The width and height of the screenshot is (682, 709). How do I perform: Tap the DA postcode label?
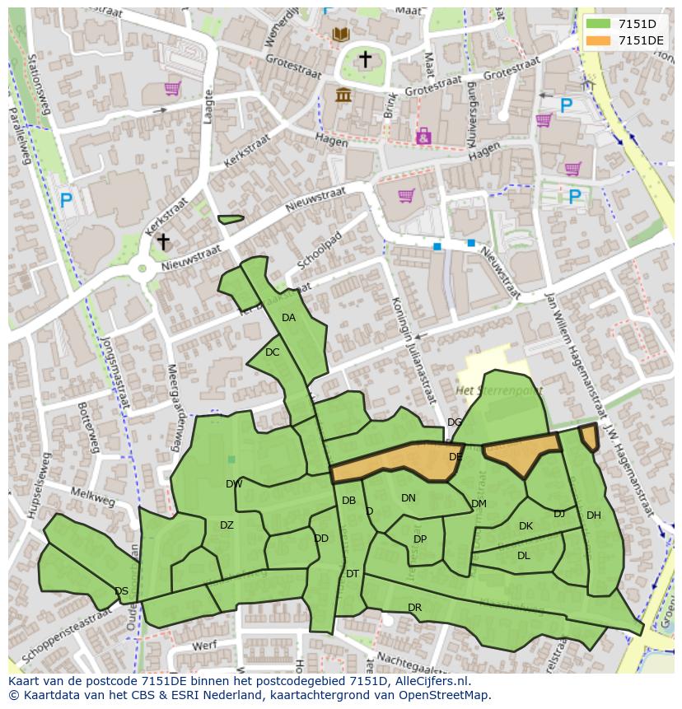pyautogui.click(x=288, y=318)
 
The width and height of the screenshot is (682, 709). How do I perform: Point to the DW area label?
pyautogui.click(x=234, y=484)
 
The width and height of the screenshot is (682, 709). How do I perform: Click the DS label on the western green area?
pyautogui.click(x=121, y=591)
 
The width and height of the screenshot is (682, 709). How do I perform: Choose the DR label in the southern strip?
pyautogui.click(x=414, y=608)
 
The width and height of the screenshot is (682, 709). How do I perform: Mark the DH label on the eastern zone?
pyautogui.click(x=593, y=515)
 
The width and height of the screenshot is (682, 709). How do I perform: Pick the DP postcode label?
pyautogui.click(x=420, y=539)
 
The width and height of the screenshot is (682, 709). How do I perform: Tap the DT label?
pyautogui.click(x=353, y=574)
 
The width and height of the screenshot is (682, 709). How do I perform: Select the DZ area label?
pyautogui.click(x=227, y=525)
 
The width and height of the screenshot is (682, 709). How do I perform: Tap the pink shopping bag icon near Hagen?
pyautogui.click(x=423, y=136)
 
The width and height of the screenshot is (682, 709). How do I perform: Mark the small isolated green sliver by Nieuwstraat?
pyautogui.click(x=231, y=219)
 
